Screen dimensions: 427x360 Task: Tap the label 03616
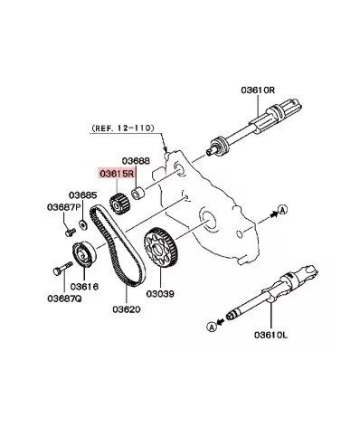83,286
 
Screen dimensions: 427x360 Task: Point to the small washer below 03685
82,222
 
